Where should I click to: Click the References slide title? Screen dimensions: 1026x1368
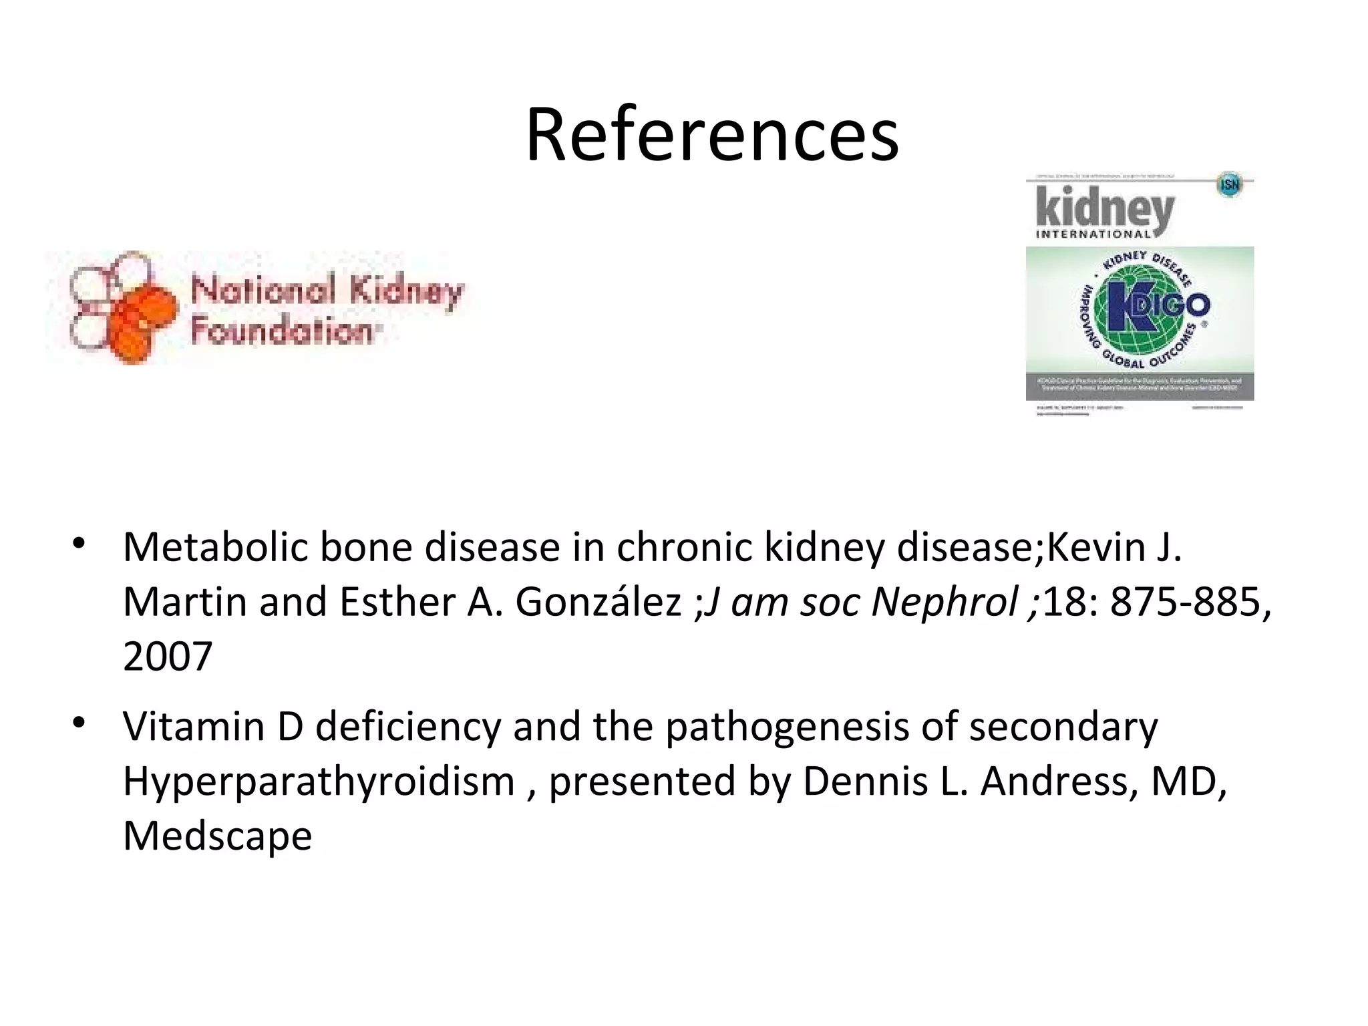712,136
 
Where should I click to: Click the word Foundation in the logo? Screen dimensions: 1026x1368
282,331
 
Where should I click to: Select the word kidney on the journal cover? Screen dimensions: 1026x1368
1105,208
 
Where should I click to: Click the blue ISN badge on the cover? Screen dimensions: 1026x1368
1230,184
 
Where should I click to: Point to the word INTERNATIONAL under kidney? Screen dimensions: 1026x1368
1093,234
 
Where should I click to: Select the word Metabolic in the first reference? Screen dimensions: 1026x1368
215,547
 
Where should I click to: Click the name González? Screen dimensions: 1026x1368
598,602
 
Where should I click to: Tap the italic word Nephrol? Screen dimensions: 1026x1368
945,602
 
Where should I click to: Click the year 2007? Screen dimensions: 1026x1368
168,657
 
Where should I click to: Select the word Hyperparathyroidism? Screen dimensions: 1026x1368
319,782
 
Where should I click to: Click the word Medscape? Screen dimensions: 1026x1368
218,836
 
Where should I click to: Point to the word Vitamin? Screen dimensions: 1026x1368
194,727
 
